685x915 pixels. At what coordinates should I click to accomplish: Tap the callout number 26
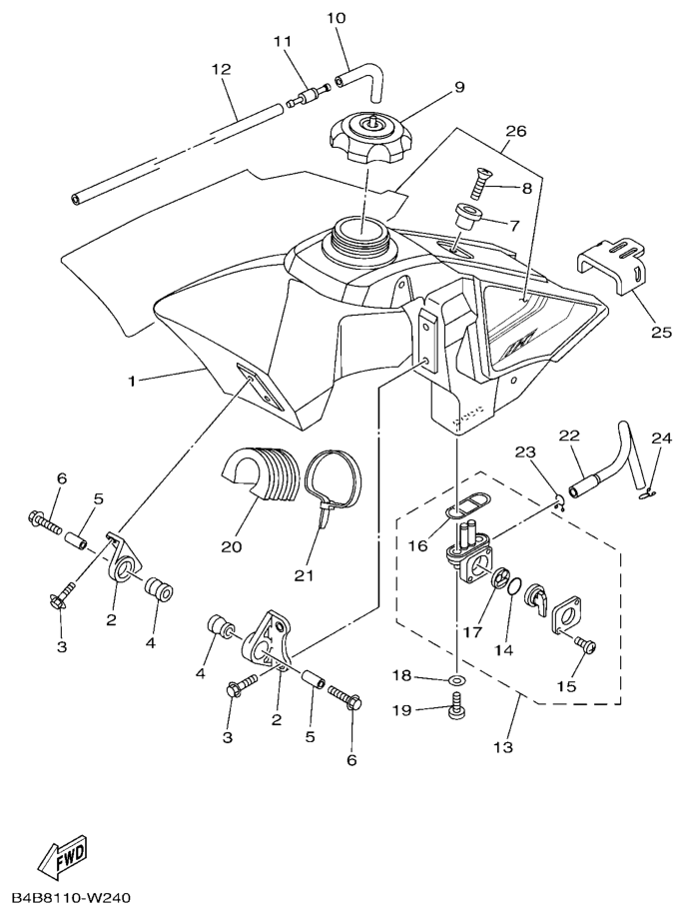click(516, 131)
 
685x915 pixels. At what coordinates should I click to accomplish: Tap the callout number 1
click(133, 380)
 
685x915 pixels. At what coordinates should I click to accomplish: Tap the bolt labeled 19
click(456, 707)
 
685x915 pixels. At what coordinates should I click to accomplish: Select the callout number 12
click(221, 70)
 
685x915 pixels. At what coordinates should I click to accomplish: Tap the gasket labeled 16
click(457, 509)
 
